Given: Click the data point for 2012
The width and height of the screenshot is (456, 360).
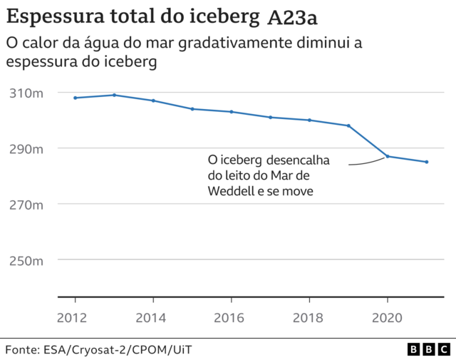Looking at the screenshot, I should point(75,98).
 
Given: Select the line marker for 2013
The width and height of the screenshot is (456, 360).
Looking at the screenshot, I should point(114,95).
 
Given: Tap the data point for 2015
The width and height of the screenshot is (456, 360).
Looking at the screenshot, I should point(192,109).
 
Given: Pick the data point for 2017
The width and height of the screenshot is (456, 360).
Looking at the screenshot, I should point(271,117).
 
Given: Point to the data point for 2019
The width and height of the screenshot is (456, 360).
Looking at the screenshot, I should point(348,125).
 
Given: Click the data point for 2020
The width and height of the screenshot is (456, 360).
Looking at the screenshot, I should point(388,156).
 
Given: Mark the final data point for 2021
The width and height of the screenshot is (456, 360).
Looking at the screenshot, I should point(427,162).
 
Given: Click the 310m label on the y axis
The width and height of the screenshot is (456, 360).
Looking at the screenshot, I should point(27,93).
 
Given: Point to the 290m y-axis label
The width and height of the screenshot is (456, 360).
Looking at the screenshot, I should point(27,149).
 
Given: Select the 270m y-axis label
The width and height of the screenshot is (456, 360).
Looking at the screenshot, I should point(27,205).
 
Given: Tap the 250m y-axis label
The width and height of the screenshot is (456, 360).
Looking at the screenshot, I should point(27,261).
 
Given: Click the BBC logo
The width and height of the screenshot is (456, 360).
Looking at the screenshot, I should point(428,349).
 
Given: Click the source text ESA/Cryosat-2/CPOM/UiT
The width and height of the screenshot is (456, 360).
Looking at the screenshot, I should point(115,349).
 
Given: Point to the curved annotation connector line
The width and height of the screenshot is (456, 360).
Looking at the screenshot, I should point(367,163).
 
